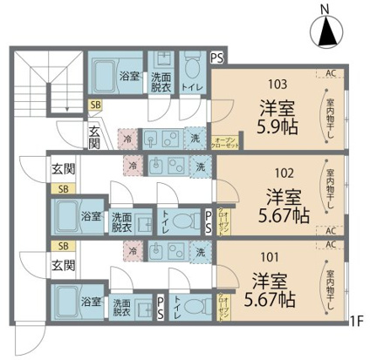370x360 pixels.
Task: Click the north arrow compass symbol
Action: click(x=326, y=33)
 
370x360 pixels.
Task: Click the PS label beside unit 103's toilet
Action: click(x=216, y=58)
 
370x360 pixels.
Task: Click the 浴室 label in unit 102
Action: click(x=92, y=215)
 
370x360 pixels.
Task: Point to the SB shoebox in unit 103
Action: click(x=94, y=105)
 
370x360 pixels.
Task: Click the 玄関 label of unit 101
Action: click(x=61, y=264)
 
